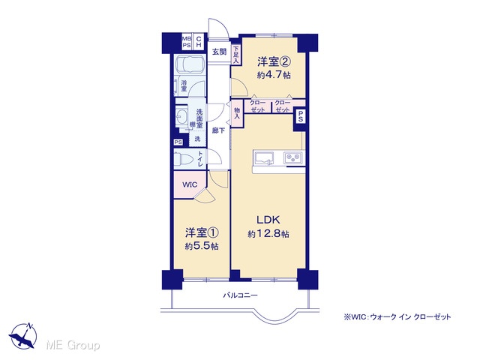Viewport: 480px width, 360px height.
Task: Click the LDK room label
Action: pyautogui.click(x=268, y=220)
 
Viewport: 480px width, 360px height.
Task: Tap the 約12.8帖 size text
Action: pyautogui.click(x=268, y=234)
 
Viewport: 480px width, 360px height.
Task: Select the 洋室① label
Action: pyautogui.click(x=202, y=232)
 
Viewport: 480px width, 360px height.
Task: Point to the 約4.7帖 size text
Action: pyautogui.click(x=274, y=75)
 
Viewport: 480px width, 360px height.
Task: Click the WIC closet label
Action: pyautogui.click(x=190, y=185)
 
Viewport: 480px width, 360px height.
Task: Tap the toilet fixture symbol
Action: pyautogui.click(x=183, y=159)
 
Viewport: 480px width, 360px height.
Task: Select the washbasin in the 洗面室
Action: pyautogui.click(x=181, y=117)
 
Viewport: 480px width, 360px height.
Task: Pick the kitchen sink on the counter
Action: pyautogui.click(x=264, y=158)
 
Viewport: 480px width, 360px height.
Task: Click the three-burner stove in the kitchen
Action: pyautogui.click(x=293, y=158)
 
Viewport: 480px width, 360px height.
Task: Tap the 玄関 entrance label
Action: pyautogui.click(x=219, y=52)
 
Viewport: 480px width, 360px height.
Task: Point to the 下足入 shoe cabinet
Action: pyautogui.click(x=235, y=55)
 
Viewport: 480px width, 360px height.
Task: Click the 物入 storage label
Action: pyautogui.click(x=237, y=113)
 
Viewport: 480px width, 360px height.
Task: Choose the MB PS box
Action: pyautogui.click(x=187, y=42)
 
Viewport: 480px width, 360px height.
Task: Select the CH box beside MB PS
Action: pyautogui.click(x=198, y=42)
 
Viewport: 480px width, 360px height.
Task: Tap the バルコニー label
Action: pyautogui.click(x=240, y=295)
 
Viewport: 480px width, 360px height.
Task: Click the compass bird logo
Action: pyautogui.click(x=23, y=336)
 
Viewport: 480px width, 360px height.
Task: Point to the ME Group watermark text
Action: pyautogui.click(x=73, y=345)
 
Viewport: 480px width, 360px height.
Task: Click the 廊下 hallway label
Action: pyautogui.click(x=218, y=130)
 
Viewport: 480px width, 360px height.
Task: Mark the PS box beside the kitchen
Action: pyautogui.click(x=300, y=116)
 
